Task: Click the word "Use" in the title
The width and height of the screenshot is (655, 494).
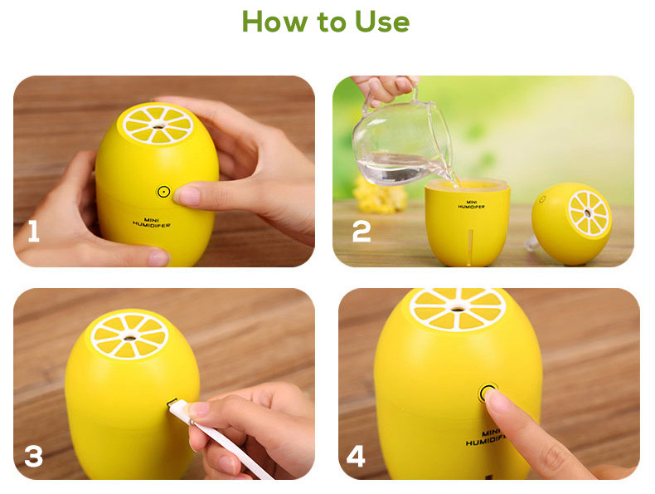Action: pos(382,22)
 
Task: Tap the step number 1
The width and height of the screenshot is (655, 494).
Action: pos(33,232)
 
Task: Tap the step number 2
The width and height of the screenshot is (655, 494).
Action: pos(361,232)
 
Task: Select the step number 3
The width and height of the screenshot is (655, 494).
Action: pos(34,457)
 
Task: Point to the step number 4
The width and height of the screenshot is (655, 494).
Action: pos(356,456)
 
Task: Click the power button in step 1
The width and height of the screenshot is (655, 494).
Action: pos(164,192)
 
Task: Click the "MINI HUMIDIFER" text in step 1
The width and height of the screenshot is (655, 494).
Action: pos(151,223)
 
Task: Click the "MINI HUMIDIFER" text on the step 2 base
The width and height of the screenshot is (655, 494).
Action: pos(471,204)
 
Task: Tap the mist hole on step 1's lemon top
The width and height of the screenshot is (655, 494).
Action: pos(158,126)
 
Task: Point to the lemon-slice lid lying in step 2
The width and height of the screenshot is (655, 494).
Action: pos(572,223)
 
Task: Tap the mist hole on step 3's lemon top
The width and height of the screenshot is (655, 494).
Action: pos(129,338)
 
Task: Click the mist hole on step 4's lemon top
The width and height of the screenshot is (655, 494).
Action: pos(458,310)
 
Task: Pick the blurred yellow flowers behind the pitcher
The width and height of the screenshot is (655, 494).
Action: pos(379,195)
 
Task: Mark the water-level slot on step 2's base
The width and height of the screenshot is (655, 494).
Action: pos(471,247)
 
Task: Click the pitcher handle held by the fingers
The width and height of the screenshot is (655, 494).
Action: pos(414,93)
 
